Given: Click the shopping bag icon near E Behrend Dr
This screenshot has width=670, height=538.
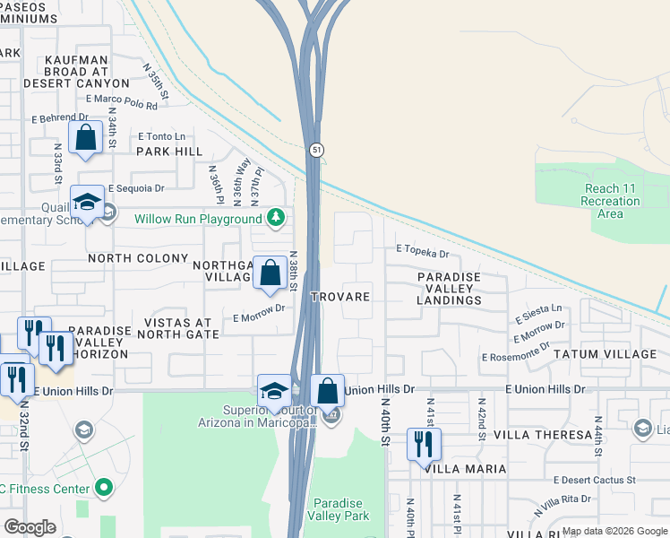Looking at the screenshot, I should click(86, 139).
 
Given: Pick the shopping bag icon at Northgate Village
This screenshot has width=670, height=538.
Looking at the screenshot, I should click(270, 273).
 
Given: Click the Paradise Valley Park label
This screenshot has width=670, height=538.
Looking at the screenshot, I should click(338, 509).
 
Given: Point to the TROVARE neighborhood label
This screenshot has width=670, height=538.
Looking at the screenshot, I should click(340, 296).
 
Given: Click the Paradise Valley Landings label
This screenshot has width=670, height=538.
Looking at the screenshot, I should click(450, 289).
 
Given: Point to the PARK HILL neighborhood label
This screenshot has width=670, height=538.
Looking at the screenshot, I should click(169, 152).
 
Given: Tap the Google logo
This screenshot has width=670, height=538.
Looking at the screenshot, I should click(30, 527).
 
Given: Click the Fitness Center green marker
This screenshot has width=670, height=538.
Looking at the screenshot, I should click(104, 489).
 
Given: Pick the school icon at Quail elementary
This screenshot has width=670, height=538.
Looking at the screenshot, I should click(88, 204).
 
